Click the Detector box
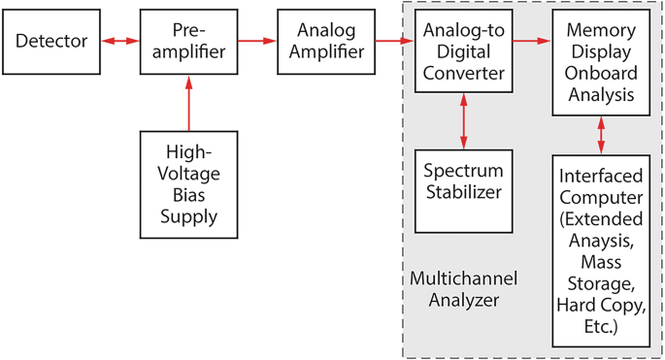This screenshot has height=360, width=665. [51, 42]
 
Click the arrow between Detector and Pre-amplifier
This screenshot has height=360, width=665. [119, 42]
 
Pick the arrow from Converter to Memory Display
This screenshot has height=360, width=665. [532, 42]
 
